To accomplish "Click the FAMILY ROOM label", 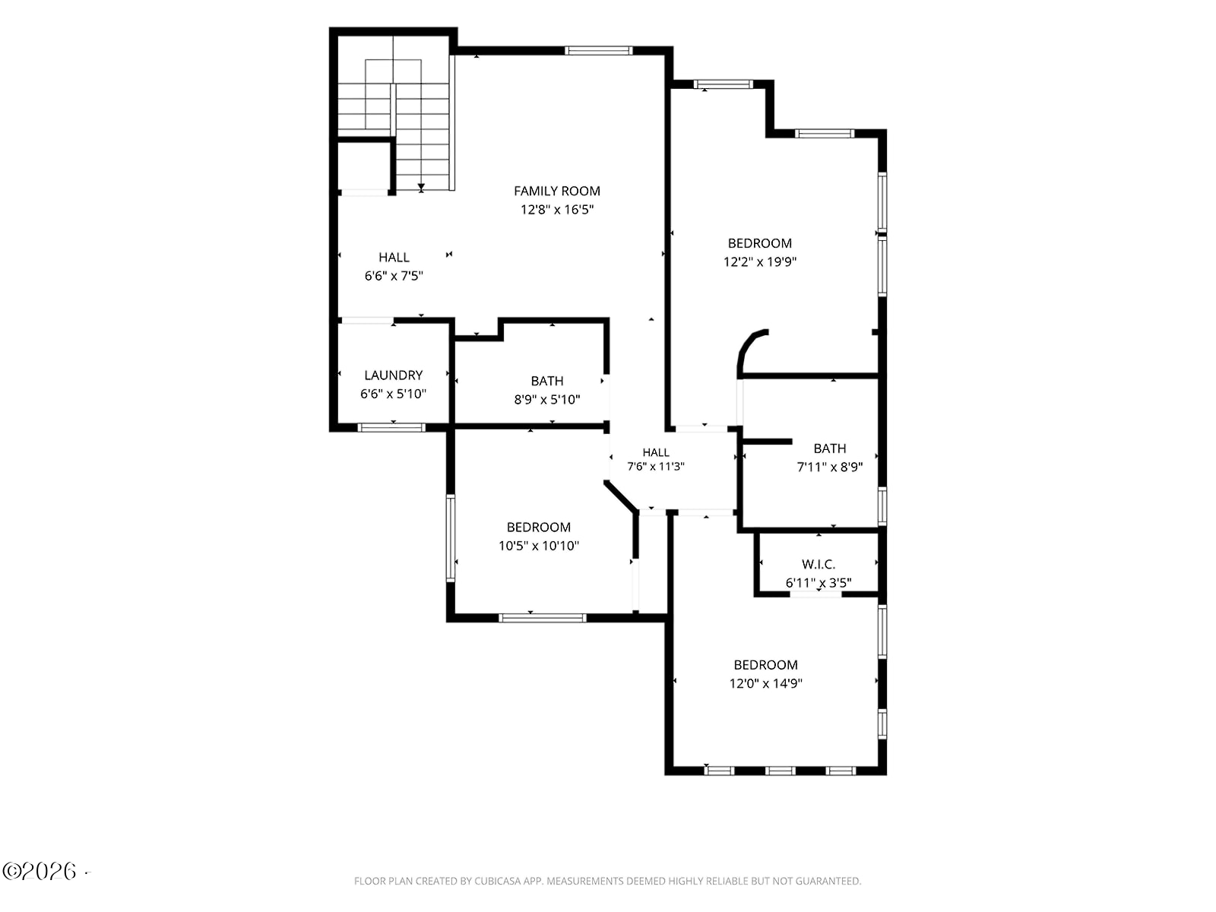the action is click(557, 191).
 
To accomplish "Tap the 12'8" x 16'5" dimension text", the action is click(557, 209).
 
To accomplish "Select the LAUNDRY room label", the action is click(394, 375).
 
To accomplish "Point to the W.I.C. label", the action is click(819, 564).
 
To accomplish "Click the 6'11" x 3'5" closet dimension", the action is click(819, 582).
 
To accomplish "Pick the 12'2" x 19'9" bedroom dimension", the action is click(759, 261).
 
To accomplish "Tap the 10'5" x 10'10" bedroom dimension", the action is click(539, 546).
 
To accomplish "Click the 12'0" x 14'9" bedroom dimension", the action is click(765, 683).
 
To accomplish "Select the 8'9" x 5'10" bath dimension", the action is click(546, 399).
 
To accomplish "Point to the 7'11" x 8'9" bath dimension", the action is click(829, 467).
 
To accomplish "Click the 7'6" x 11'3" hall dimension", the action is click(655, 466).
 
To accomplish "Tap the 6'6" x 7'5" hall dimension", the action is click(394, 275).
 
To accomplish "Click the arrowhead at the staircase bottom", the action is click(421, 187).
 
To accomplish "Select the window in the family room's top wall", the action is click(598, 51).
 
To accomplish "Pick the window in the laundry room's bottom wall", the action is click(391, 427).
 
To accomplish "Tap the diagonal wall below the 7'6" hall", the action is click(621, 496).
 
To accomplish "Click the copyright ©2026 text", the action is click(39, 871).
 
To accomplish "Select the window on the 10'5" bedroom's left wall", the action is click(451, 538).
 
